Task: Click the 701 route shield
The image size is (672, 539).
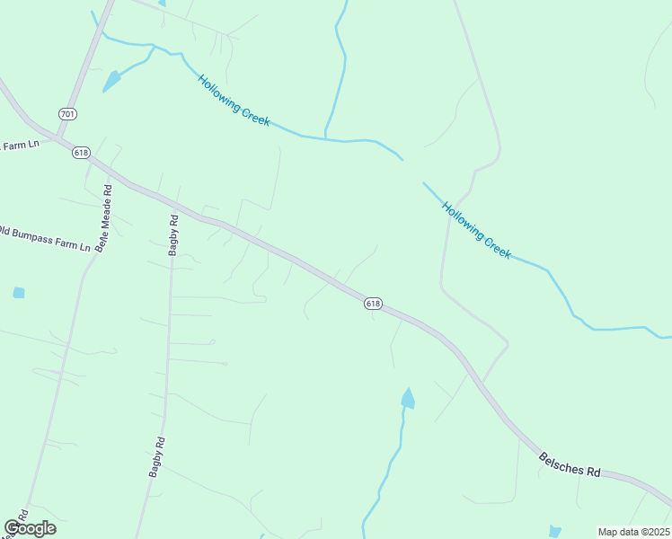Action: [67, 114]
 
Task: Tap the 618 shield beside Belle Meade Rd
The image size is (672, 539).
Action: [82, 153]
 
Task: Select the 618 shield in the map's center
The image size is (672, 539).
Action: [374, 305]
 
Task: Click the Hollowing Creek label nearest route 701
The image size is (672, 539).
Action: [234, 101]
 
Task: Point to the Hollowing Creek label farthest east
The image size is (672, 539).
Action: [476, 230]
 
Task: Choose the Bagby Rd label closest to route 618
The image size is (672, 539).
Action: [173, 235]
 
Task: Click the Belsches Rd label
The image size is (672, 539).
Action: [570, 464]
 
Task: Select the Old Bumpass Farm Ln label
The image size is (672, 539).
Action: [45, 238]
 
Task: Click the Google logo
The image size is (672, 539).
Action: [30, 528]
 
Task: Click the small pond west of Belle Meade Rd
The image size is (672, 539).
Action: [19, 293]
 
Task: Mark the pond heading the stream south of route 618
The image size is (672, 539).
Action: [408, 398]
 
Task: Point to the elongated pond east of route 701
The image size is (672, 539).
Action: [111, 82]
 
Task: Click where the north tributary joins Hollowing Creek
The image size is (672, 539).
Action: [325, 138]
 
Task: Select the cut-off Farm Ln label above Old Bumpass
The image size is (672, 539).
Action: [20, 146]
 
